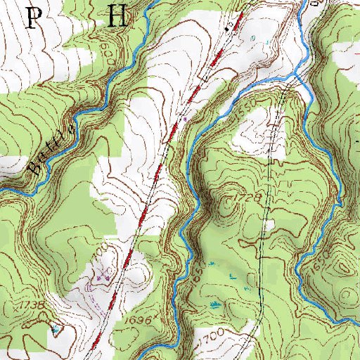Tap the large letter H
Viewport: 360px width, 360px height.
(x=117, y=17)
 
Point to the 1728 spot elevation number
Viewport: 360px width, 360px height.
(x=246, y=200)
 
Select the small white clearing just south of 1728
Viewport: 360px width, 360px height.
(x=267, y=226)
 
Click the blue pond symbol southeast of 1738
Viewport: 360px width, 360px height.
(x=55, y=328)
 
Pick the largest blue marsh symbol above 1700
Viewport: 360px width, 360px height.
(x=213, y=304)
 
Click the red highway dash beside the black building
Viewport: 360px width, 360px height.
(x=176, y=126)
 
